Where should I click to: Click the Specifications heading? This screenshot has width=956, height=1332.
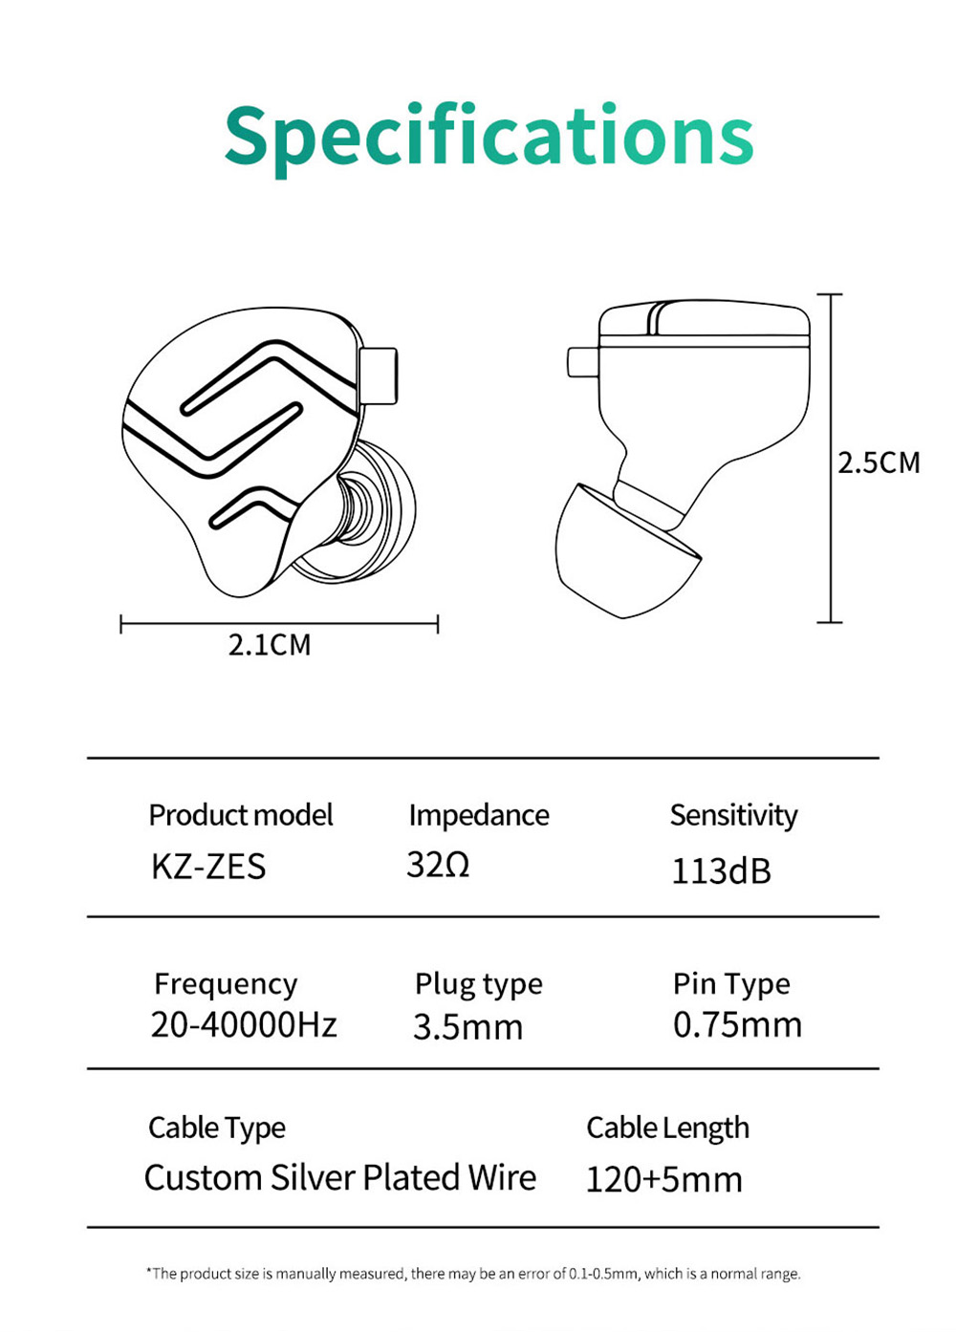[489, 136]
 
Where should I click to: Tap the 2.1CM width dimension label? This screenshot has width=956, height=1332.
[270, 645]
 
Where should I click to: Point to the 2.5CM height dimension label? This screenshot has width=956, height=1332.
[879, 462]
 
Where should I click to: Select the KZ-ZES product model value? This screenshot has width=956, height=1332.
[208, 867]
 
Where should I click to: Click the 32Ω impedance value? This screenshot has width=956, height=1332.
[438, 865]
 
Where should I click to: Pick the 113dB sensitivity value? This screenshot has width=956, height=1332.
[721, 870]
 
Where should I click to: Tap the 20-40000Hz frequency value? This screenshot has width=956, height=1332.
[244, 1025]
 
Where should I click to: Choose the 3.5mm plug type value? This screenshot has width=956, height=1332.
[467, 1027]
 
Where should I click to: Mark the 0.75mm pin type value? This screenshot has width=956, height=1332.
[737, 1025]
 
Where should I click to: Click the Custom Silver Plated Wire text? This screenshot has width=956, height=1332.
[339, 1178]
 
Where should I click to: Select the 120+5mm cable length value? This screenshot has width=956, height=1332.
[663, 1179]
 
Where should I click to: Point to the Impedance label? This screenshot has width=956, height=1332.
[478, 815]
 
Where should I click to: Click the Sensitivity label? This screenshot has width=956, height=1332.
[733, 815]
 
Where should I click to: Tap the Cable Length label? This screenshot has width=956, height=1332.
[667, 1128]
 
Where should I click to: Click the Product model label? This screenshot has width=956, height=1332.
[240, 815]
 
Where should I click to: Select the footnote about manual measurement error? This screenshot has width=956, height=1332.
[473, 1274]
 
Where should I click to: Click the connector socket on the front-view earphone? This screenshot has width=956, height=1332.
[379, 376]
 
